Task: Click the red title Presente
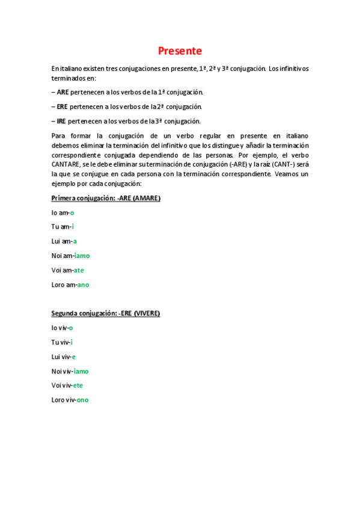point(180,51)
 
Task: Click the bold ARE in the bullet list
point(63,92)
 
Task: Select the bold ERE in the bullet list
point(63,106)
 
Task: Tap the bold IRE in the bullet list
point(62,121)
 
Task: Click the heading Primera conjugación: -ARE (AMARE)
point(106,198)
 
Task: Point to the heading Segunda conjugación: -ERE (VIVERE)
point(106,313)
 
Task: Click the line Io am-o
point(63,212)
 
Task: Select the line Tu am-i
point(63,227)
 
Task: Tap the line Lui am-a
point(64,241)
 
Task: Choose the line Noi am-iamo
point(70,256)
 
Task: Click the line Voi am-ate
point(67,270)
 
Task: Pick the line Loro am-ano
point(70,284)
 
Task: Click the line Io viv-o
point(62,328)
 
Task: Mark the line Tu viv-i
point(62,342)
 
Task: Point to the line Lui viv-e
point(63,357)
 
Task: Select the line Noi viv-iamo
point(70,371)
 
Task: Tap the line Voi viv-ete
point(67,386)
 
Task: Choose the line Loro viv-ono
point(70,400)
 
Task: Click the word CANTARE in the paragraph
point(66,165)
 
